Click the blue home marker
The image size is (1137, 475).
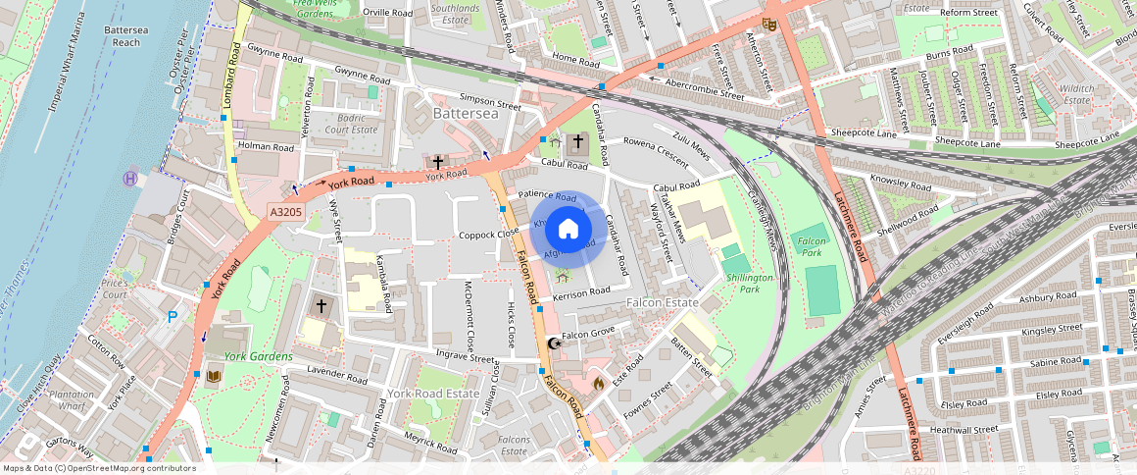click(568, 230)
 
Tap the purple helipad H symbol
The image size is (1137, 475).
click(129, 179)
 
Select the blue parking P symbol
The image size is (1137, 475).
click(173, 316)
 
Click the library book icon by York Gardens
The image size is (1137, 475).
click(214, 377)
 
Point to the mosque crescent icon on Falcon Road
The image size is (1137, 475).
click(554, 343)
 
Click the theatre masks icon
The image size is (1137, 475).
click(770, 25)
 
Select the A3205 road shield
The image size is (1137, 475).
click(286, 211)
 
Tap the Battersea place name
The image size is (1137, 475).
click(467, 115)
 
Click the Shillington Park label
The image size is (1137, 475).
click(750, 284)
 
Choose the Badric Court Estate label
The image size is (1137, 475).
click(351, 124)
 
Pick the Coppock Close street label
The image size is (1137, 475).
click(489, 235)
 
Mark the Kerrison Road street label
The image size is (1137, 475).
click(581, 292)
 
